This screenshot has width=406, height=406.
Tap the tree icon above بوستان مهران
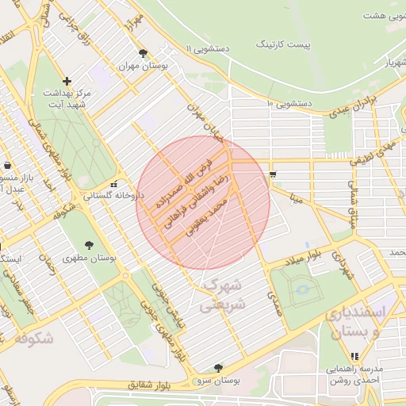pos(143,54)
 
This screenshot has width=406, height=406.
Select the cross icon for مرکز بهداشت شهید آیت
pos(67,81)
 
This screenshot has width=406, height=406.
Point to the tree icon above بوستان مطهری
pos(88,244)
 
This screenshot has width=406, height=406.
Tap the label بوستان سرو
pos(219,381)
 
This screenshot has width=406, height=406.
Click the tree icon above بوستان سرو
pos(219,368)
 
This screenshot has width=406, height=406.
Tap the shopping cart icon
pos(274,174)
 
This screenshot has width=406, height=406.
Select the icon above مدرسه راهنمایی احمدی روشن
pos(354,357)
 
